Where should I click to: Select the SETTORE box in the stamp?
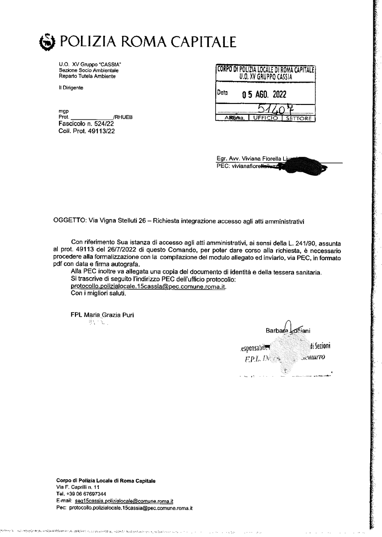(299, 118)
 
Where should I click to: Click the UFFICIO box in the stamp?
(266, 118)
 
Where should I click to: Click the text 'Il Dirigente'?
(71, 88)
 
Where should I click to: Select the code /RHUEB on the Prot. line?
(123, 117)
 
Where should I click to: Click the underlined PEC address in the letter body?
(148, 286)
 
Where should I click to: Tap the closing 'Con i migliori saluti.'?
(98, 293)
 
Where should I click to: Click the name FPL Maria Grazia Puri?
(102, 315)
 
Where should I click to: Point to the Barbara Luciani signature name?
(288, 331)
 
